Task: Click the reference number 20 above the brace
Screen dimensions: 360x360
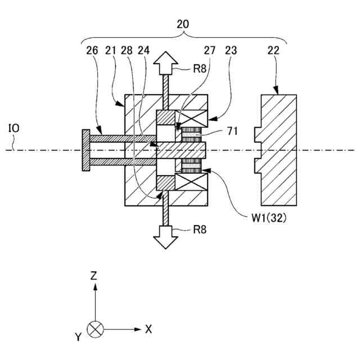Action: (x=183, y=24)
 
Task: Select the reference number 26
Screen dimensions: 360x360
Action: (x=92, y=51)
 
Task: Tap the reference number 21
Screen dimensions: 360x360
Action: (x=111, y=51)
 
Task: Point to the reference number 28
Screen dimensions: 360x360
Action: (x=127, y=51)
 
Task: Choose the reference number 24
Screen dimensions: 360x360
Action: (x=143, y=51)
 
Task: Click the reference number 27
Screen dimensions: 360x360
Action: (x=210, y=51)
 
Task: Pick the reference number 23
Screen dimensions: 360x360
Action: (x=231, y=51)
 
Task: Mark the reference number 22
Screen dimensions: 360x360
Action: (x=273, y=51)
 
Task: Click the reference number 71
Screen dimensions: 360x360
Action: (x=233, y=132)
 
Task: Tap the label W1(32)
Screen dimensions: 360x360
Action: (x=269, y=218)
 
